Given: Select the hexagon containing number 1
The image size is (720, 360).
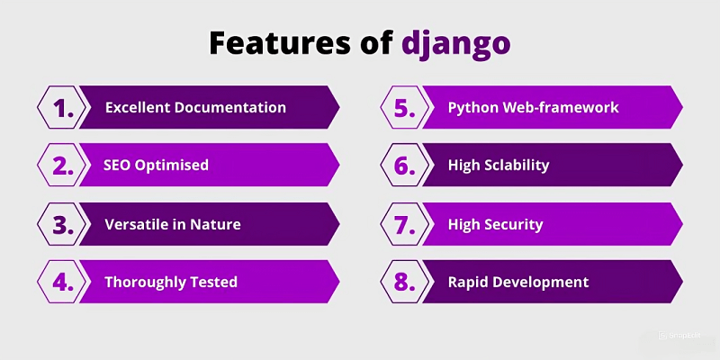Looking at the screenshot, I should pos(62,108).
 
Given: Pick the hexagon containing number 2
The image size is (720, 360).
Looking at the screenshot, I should pos(62,166).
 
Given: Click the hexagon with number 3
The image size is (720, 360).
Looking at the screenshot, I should pos(62,224).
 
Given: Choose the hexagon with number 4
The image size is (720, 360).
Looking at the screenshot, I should pos(62,282).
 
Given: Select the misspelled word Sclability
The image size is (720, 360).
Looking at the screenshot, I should pos(517,166).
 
